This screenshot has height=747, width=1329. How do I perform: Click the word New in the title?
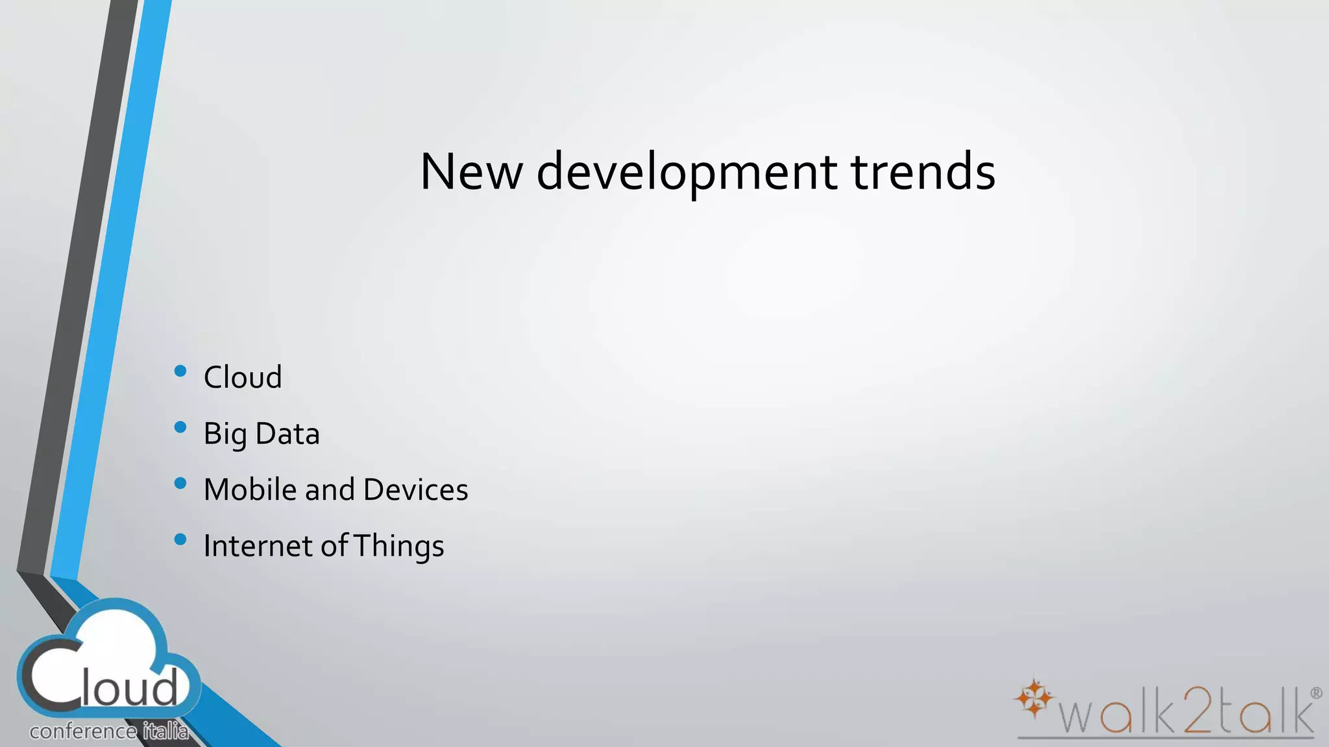[x=471, y=172]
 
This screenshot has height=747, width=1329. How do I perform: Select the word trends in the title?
[x=923, y=172]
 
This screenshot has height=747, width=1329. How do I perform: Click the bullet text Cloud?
[x=243, y=377]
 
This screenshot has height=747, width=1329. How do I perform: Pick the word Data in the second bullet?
[x=287, y=433]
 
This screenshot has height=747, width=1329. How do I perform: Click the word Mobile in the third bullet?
[x=250, y=490]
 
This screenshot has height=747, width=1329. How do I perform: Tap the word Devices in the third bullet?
[x=415, y=490]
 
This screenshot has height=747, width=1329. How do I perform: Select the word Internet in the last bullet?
[x=258, y=546]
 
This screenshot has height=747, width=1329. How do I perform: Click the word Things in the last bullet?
[x=399, y=547]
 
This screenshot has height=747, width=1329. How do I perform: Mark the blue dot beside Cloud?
[x=181, y=371]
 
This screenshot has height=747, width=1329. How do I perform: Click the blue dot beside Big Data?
[x=181, y=427]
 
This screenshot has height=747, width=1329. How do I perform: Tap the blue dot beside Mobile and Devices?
[x=181, y=483]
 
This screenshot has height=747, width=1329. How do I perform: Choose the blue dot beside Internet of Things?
[x=181, y=539]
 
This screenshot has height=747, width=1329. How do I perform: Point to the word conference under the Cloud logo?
[x=83, y=732]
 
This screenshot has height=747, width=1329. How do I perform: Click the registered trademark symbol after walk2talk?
[x=1316, y=693]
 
